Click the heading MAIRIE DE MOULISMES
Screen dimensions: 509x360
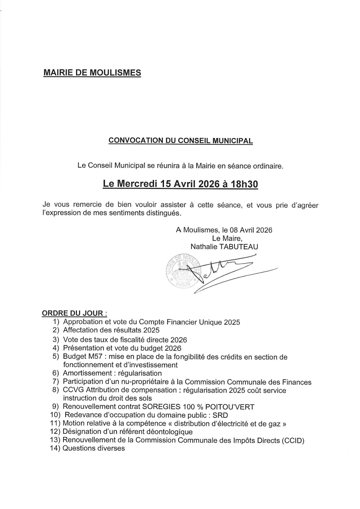click(92, 73)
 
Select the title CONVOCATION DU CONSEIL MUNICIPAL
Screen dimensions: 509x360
click(181, 141)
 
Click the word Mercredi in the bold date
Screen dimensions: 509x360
click(136, 184)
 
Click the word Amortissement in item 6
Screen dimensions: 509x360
click(87, 373)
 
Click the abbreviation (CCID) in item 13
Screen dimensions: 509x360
click(293, 440)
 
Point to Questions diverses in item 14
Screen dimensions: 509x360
click(94, 448)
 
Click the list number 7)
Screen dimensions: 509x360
click(56, 382)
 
